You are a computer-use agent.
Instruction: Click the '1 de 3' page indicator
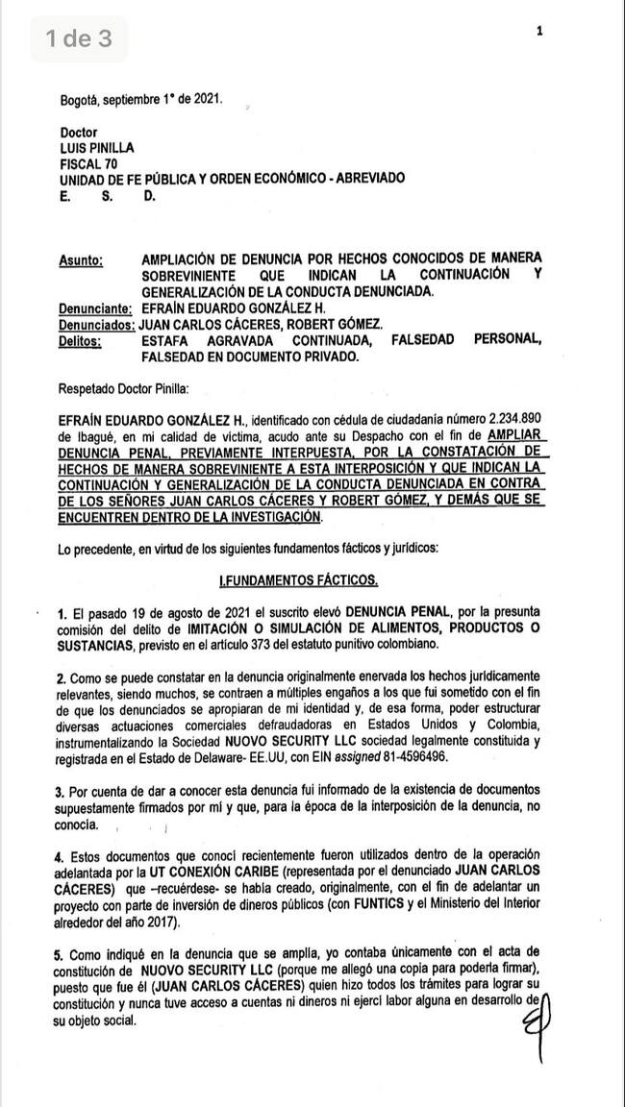[79, 38]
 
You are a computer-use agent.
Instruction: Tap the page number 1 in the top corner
[539, 31]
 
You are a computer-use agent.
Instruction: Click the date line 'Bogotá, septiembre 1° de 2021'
[140, 98]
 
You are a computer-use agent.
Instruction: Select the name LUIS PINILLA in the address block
[97, 148]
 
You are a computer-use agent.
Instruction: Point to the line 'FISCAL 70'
[87, 163]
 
